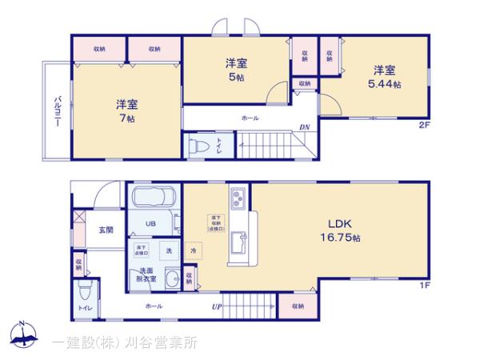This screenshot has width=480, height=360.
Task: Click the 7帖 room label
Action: (126, 118)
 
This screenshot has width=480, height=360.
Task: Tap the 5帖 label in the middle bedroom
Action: (235, 77)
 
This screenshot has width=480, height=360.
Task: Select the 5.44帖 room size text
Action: (384, 84)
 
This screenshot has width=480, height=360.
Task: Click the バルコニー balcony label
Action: (58, 112)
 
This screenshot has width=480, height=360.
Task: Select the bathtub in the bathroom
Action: (152, 198)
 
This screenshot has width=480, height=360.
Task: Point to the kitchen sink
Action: (236, 242)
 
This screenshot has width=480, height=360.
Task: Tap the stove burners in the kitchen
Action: (238, 197)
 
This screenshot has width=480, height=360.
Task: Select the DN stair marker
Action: (304, 127)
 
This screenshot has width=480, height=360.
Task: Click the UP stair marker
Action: (216, 306)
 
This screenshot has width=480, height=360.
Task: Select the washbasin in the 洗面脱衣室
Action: (170, 278)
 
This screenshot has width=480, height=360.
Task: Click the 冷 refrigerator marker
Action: (193, 250)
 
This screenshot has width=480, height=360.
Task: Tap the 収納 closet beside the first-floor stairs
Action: (298, 306)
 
